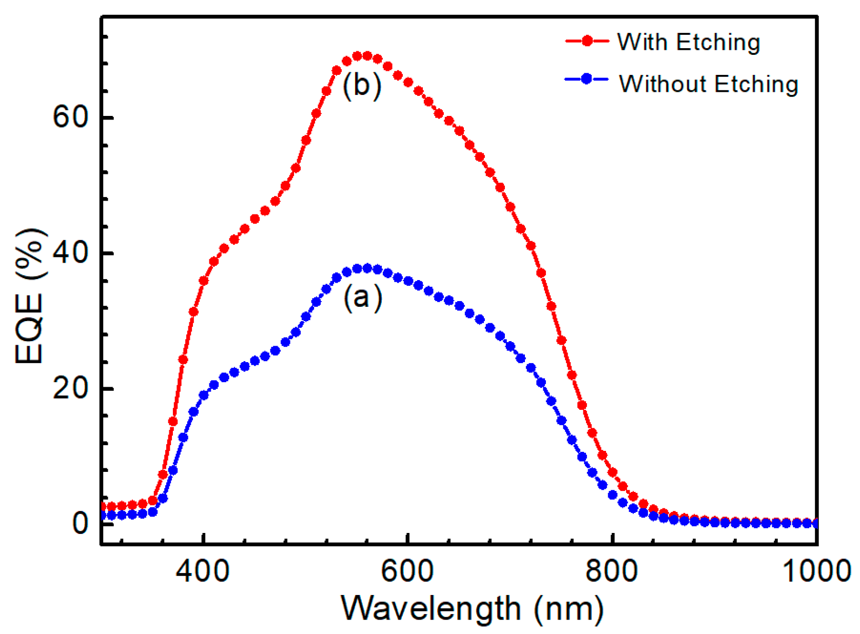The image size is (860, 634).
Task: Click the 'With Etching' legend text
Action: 688,42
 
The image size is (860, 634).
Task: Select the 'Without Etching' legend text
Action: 708,84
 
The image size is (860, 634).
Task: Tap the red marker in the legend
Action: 587,41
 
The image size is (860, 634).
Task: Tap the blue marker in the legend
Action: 587,79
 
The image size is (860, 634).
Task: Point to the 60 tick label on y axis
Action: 70,117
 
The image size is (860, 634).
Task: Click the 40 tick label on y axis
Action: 70,253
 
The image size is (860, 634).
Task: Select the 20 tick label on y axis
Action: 70,389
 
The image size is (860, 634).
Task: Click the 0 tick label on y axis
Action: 80,523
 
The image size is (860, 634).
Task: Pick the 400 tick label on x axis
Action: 203,570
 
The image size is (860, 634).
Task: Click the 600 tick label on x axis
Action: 407,570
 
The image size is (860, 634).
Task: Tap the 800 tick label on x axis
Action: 612,570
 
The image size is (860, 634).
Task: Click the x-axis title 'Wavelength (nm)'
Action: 472,609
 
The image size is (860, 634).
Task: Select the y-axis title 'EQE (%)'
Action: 29,296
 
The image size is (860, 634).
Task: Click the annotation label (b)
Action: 362,85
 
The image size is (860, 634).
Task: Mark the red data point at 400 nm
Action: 204,281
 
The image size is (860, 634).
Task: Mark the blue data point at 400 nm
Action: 204,395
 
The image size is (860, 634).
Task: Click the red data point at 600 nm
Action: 408,82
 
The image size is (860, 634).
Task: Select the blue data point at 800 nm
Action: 612,495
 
